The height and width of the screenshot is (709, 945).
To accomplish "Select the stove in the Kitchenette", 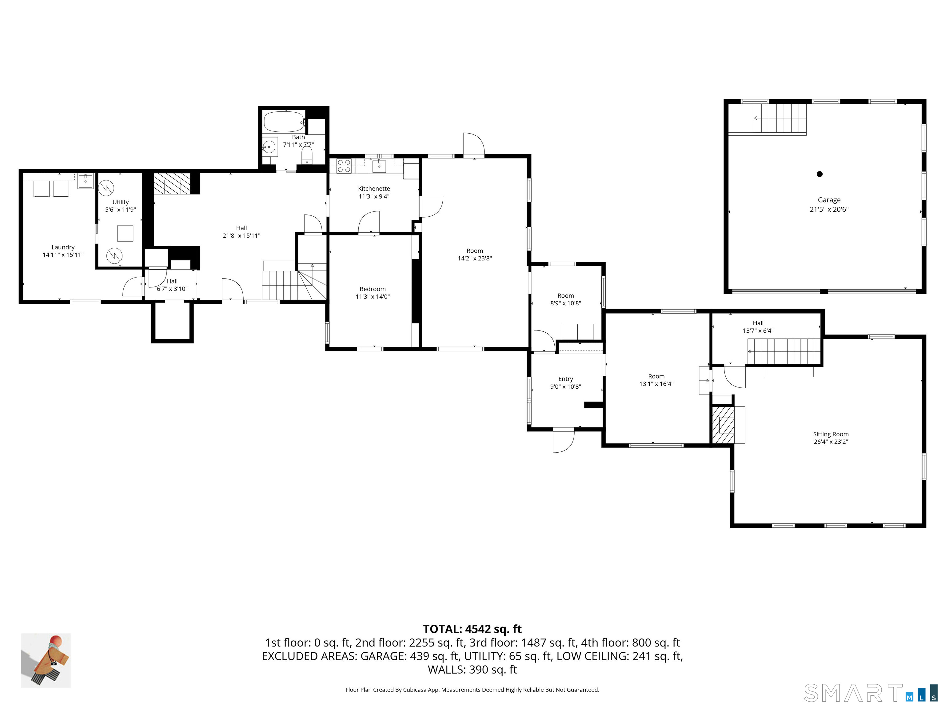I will pos(344,166).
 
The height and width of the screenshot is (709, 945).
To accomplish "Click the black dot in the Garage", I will pos(819,174).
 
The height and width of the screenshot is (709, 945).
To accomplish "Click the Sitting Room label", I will pos(831,434).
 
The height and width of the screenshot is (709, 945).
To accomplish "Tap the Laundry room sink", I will pos(86,181).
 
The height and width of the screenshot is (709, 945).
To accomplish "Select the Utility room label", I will pos(121,202).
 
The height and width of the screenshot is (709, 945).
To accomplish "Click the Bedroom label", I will pos(373,289).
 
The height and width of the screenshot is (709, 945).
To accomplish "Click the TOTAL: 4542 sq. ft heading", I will pos(472,629).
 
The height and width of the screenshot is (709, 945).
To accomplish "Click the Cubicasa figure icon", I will pos(46,660).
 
